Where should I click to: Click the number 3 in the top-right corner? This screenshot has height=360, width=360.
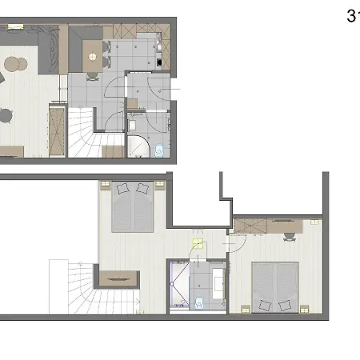point(352,15)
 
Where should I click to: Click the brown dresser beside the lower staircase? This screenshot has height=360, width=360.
point(118,280)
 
